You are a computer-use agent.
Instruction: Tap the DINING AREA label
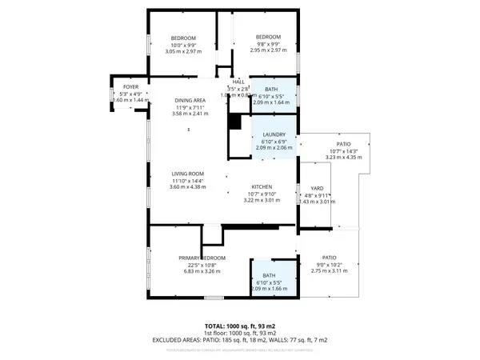[189, 100]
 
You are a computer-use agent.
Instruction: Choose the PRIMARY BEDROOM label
[202, 258]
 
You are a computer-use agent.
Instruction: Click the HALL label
[238, 82]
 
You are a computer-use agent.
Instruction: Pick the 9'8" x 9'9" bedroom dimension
[268, 44]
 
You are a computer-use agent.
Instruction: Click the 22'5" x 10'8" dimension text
[202, 264]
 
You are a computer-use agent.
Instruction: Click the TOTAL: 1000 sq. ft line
[239, 326]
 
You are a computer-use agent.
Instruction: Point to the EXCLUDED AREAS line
[239, 340]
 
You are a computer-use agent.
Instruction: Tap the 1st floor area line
[239, 334]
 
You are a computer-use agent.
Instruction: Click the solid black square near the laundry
[234, 122]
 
